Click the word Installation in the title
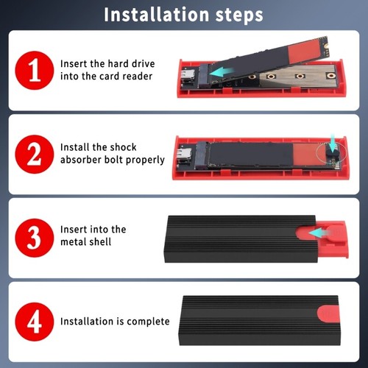(x=157, y=15)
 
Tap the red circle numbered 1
(x=35, y=71)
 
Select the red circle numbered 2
(x=35, y=154)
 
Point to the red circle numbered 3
(x=35, y=238)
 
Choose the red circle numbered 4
(x=35, y=322)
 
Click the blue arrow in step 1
(x=222, y=72)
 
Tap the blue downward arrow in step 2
(x=333, y=143)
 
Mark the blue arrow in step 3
(x=318, y=233)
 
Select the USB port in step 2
(x=183, y=155)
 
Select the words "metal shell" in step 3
(x=86, y=242)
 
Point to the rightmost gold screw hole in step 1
(x=330, y=76)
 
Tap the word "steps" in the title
(x=239, y=15)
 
